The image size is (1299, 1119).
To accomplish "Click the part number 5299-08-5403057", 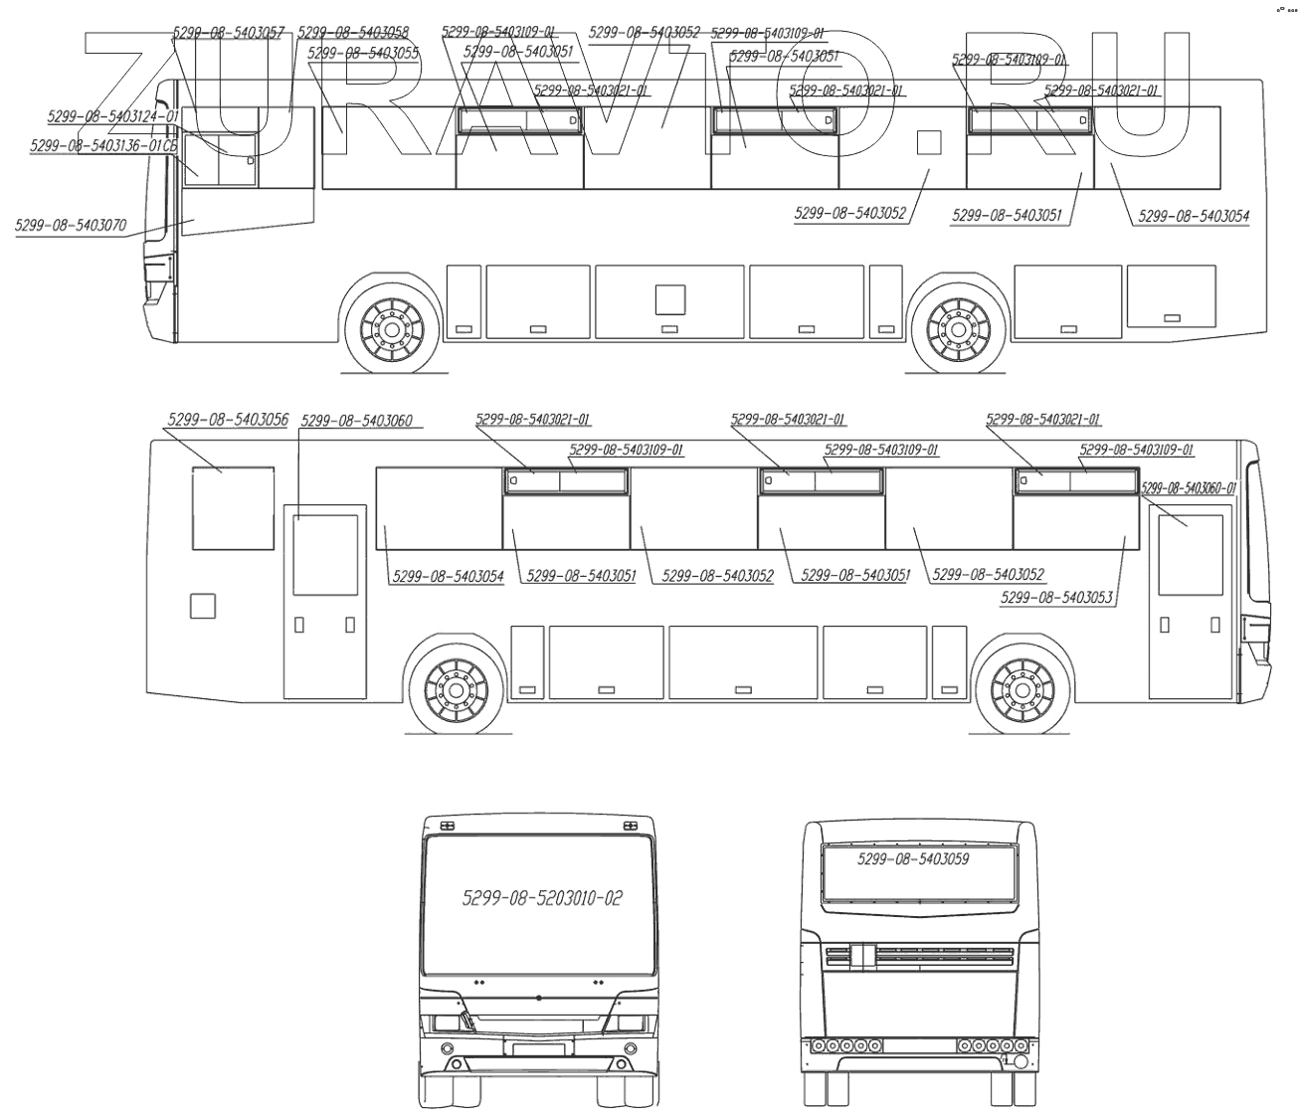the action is tap(229, 32).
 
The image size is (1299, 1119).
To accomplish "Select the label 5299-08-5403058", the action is tap(352, 32).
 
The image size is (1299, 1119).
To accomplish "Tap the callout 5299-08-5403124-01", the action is tap(112, 116).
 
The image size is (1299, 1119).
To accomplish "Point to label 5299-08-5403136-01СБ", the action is tap(104, 145).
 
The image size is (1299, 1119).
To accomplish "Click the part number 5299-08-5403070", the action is tap(71, 225).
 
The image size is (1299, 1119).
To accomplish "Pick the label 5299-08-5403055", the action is tap(363, 52).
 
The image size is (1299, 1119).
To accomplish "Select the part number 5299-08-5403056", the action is tap(228, 420).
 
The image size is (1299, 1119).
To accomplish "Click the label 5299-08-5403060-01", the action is tap(1188, 487).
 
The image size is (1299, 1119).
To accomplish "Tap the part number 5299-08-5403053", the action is tap(1056, 597).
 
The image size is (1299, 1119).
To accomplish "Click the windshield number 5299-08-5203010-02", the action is tap(542, 898).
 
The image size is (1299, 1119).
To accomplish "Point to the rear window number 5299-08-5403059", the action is tap(913, 858).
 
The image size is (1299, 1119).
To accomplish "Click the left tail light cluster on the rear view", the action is tap(846, 1045).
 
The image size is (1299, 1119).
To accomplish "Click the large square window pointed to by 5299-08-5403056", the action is tap(233, 508).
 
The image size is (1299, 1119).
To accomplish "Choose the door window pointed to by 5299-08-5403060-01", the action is tap(1190, 554).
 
